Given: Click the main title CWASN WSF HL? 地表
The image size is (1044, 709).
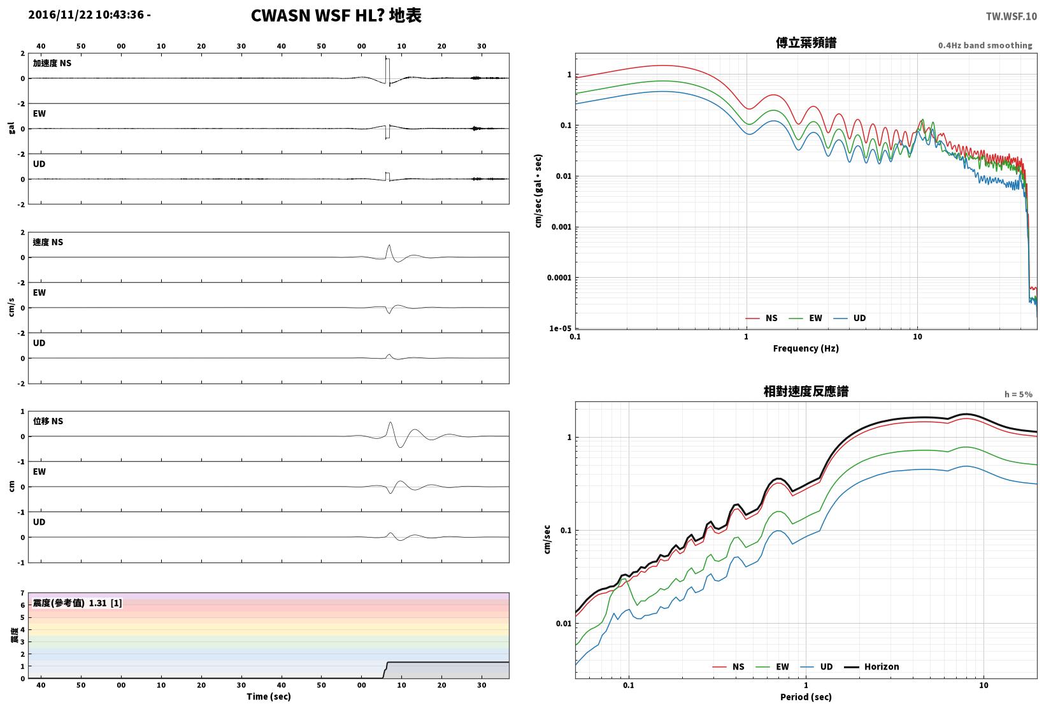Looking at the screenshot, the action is coord(336,15).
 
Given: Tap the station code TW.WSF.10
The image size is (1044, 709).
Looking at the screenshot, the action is coord(1011,17).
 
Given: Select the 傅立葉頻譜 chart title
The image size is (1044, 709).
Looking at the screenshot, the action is coord(806,43).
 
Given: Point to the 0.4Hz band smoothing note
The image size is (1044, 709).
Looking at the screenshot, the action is coord(985,45).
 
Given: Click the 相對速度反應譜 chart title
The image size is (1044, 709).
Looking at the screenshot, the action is coord(806,391).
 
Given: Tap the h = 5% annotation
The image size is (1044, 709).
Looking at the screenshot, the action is coord(1018,394).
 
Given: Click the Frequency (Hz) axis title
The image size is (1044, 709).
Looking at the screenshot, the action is coord(805,348).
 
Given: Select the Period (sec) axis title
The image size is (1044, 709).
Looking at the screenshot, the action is coord(805,697).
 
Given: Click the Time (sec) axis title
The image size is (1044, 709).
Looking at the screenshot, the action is coord(268,696).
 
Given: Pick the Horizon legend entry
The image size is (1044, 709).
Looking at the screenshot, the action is coord(872,666).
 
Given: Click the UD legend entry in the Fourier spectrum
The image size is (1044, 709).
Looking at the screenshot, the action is coord(850,318).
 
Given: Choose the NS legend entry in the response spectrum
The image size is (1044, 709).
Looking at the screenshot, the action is coord(729,666).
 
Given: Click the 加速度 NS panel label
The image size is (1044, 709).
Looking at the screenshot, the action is coord(52,63).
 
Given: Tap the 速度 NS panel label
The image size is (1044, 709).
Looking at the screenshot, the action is coord(48,242).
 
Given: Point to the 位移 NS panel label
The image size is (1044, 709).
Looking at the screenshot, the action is coord(48,421).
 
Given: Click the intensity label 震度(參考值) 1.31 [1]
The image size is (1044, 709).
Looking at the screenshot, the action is coord(77,603).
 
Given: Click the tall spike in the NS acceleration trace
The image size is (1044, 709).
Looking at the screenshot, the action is coord(386,70).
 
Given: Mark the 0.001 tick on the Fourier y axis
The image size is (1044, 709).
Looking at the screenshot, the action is coord(562,227).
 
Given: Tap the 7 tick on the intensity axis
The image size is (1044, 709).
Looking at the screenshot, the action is coord(22,593).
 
